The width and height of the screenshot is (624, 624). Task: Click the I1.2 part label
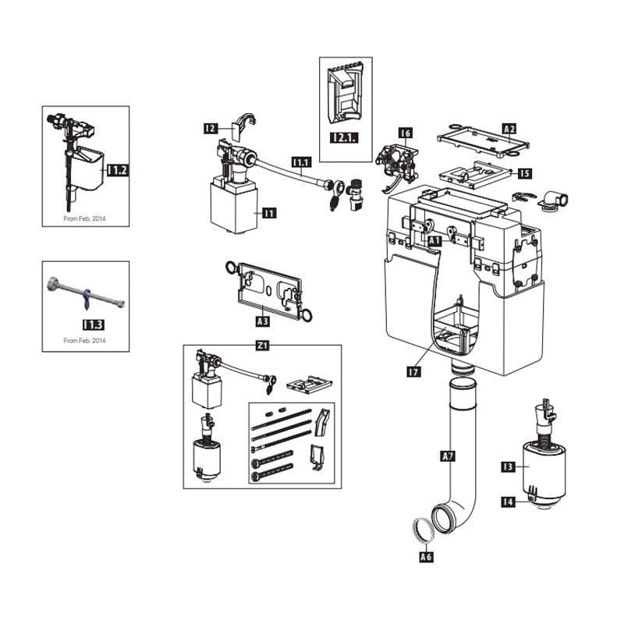(x=118, y=170)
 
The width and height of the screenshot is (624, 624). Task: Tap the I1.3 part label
(x=93, y=324)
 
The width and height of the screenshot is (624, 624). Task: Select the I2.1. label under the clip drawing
(x=344, y=138)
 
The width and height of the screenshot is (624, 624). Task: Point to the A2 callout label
(x=509, y=129)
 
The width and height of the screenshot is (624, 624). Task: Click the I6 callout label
(x=405, y=133)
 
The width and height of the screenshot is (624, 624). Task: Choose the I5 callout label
(x=525, y=173)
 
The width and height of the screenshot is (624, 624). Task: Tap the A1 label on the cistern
(x=435, y=241)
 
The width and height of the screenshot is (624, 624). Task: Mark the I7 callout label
(x=414, y=372)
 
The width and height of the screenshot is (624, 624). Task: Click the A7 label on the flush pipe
(x=448, y=456)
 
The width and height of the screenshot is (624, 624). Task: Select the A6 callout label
(x=426, y=556)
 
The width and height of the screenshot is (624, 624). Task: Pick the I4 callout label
(x=508, y=502)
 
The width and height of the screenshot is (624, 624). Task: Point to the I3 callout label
(x=508, y=466)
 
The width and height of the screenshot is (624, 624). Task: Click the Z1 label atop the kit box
(x=262, y=345)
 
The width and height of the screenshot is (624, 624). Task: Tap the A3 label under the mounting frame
(x=263, y=321)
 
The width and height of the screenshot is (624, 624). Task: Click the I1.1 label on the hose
(x=302, y=162)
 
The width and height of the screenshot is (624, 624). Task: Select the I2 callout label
(x=211, y=128)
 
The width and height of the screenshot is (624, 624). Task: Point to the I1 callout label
(x=269, y=213)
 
